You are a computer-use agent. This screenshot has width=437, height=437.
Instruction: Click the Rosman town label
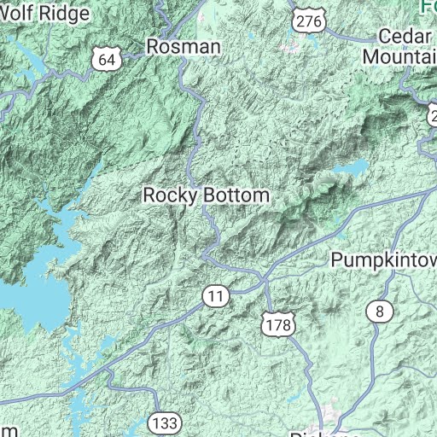click(x=184, y=47)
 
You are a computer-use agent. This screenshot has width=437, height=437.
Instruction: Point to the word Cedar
click(x=401, y=37)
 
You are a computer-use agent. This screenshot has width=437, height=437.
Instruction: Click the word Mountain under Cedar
click(x=399, y=55)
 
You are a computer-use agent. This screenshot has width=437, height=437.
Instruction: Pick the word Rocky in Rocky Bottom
click(x=170, y=195)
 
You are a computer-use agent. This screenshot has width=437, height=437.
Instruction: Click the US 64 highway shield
click(x=105, y=59)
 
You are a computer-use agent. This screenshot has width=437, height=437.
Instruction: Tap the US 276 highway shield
click(x=303, y=19)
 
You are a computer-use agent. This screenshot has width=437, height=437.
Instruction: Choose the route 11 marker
click(x=216, y=296)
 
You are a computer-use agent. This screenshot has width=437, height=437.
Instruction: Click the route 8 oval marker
click(x=379, y=312)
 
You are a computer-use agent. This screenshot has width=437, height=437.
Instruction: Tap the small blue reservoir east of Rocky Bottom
click(x=350, y=170)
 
